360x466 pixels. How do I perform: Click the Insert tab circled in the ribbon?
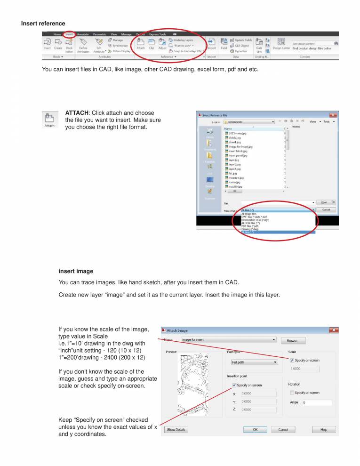(69, 34)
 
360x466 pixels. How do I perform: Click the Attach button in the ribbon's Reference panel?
(140, 44)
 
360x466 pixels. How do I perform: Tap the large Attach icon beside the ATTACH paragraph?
(49, 119)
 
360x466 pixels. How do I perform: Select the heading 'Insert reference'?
(43, 24)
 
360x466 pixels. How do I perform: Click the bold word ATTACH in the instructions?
(77, 113)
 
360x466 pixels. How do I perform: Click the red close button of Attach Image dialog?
(333, 330)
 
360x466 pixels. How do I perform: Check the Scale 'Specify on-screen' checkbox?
(292, 360)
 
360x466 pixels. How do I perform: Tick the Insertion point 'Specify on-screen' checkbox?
(234, 385)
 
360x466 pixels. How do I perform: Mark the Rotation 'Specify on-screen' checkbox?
(292, 393)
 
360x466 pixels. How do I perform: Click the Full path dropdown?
(254, 362)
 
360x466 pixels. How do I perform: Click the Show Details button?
(176, 430)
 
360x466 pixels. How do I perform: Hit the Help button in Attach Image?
(324, 430)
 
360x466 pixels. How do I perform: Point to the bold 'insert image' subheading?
(76, 271)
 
